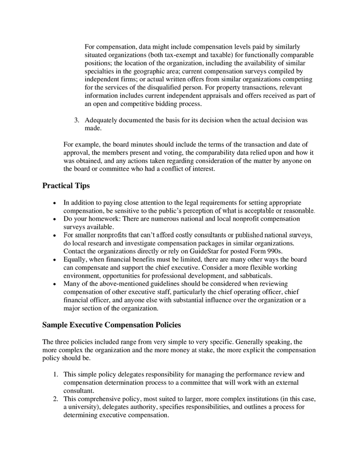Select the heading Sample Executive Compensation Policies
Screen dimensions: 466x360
(x=111, y=325)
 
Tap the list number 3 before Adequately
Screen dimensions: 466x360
(x=76, y=120)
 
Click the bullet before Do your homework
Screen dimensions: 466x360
(x=54, y=219)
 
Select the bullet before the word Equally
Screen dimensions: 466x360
(x=54, y=259)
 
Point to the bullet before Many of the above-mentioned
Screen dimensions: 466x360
(x=54, y=284)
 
